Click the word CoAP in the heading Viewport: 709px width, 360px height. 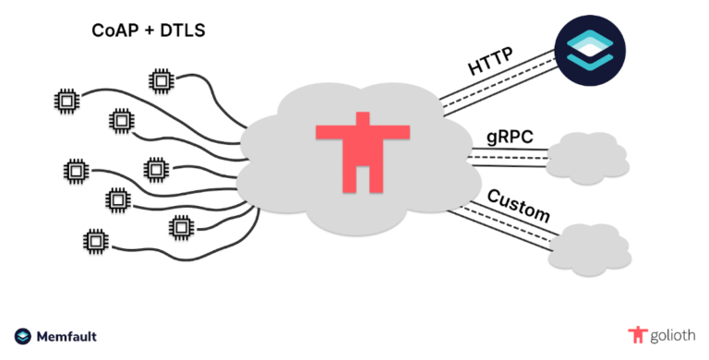point(114,31)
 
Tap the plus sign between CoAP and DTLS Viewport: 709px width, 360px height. point(146,31)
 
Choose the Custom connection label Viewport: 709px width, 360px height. point(518,204)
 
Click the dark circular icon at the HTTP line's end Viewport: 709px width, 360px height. point(590,48)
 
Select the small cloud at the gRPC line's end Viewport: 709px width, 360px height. point(587,155)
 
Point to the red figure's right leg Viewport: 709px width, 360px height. point(373,175)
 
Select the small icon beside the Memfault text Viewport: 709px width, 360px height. point(23,337)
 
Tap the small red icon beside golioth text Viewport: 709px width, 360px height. point(635,334)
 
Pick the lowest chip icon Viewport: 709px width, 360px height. point(94,238)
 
